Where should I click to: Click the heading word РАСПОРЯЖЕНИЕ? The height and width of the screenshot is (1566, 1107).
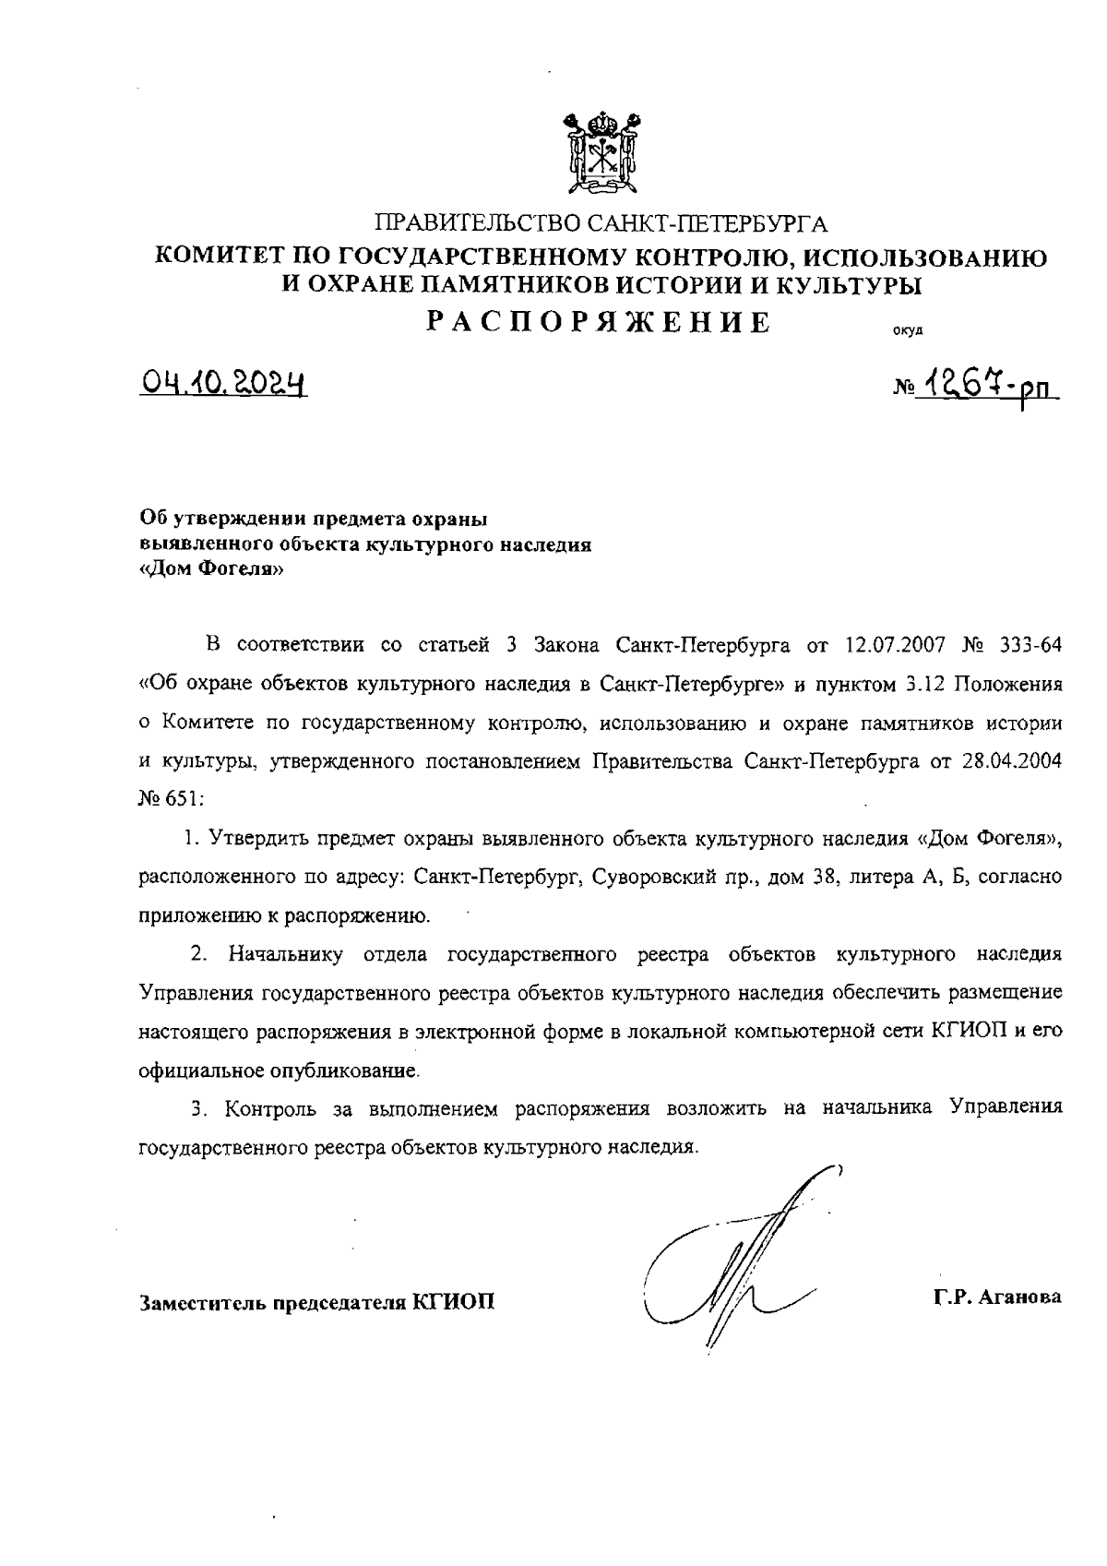(600, 322)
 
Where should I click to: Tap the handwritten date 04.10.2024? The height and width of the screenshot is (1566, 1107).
(223, 382)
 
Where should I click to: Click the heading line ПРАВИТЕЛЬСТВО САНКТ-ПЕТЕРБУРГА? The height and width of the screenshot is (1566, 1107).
(601, 223)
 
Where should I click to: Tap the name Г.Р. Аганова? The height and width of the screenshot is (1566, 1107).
(997, 1297)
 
